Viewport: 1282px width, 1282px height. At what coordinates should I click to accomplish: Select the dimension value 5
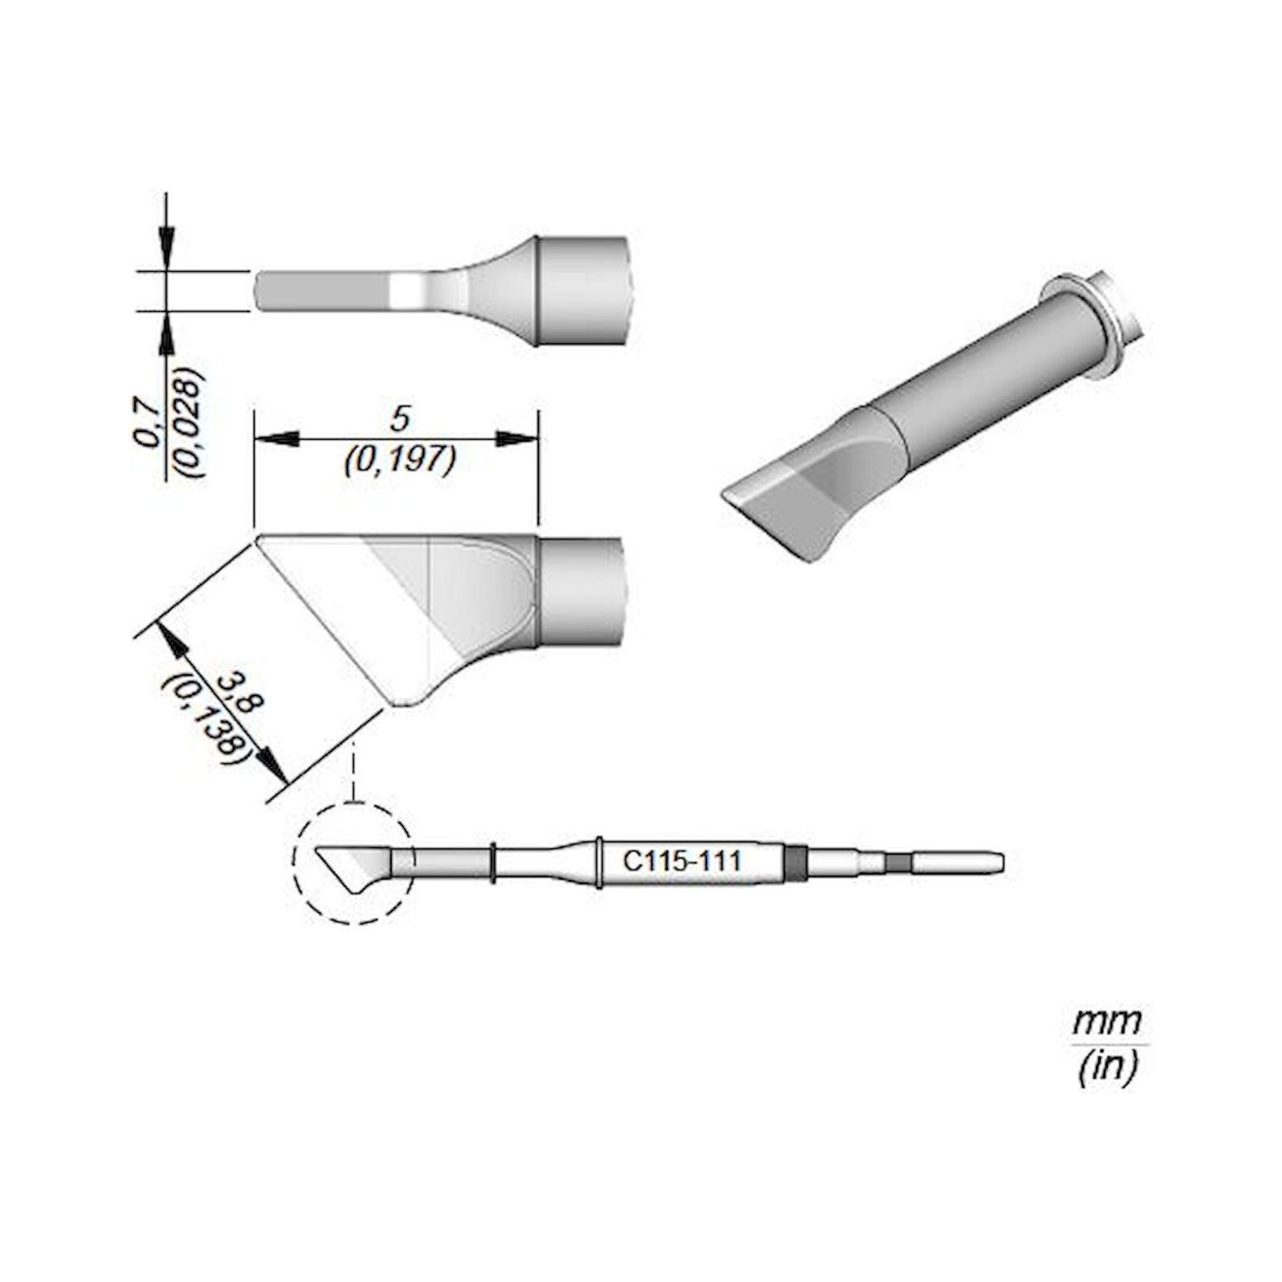400,420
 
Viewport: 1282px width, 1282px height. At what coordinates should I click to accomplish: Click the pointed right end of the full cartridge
1001,863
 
